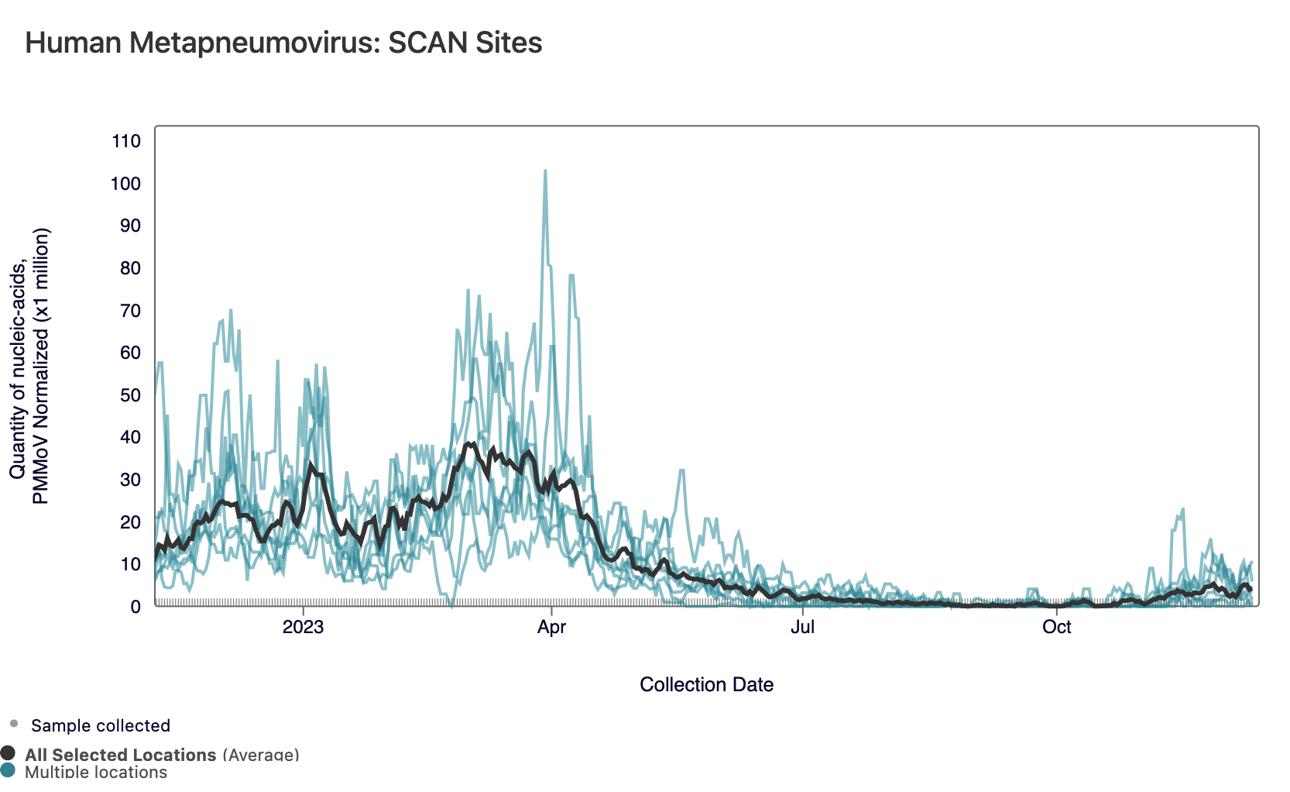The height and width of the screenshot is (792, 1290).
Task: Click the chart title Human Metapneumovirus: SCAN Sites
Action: click(283, 43)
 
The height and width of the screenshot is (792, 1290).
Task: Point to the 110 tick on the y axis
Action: click(126, 141)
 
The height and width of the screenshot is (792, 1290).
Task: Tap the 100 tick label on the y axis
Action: click(126, 184)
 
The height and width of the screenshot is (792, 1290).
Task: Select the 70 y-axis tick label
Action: click(130, 311)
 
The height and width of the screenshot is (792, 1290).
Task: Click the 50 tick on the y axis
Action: click(130, 395)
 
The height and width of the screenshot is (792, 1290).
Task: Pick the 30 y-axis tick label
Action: click(130, 480)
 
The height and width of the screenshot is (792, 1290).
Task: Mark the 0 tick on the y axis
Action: click(136, 607)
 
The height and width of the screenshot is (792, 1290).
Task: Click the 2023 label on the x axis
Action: click(303, 627)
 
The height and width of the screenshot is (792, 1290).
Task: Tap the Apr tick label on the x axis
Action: click(551, 627)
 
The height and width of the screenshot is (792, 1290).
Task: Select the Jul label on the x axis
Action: click(802, 627)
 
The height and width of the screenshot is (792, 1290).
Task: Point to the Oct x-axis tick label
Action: click(1056, 627)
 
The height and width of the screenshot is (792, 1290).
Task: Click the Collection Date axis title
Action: click(706, 684)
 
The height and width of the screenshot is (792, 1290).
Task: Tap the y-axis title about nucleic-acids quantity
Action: click(29, 366)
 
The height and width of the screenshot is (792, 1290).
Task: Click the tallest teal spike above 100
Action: click(545, 172)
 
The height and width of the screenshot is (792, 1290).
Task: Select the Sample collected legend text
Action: click(101, 725)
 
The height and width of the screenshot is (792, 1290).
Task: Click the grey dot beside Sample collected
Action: click(14, 724)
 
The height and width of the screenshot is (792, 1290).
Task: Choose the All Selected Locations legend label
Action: click(121, 755)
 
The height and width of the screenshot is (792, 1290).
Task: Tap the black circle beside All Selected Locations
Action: click(9, 753)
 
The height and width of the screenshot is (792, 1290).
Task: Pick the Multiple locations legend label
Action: click(96, 772)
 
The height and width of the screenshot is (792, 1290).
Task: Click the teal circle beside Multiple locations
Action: click(9, 770)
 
